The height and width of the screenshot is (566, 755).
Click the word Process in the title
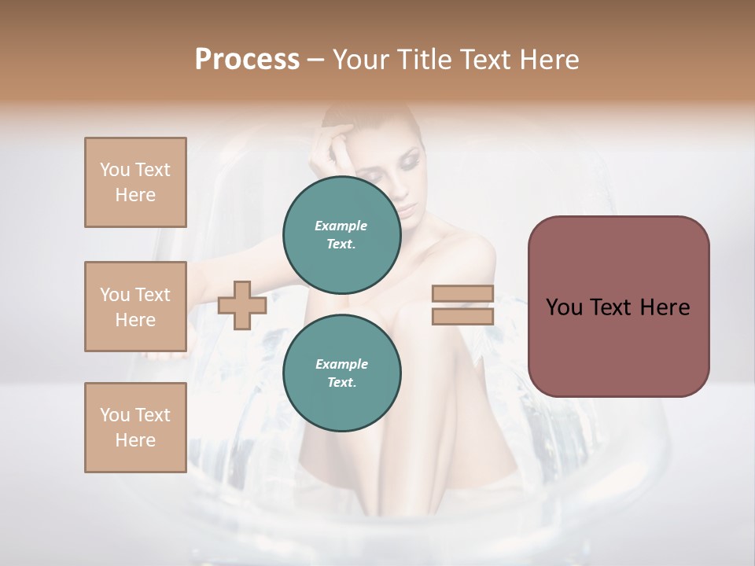[247, 60]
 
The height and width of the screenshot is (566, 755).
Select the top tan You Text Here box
[135, 182]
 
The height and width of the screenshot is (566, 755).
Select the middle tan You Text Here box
[135, 307]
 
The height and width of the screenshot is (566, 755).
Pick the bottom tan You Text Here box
[135, 428]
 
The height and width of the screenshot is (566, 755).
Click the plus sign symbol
[242, 306]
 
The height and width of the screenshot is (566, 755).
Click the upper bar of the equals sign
[463, 294]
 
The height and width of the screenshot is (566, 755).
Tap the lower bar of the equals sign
[463, 316]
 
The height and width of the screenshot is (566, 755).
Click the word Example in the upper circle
[341, 226]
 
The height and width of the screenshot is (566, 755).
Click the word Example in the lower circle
[341, 364]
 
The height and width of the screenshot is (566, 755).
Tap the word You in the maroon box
[564, 307]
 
